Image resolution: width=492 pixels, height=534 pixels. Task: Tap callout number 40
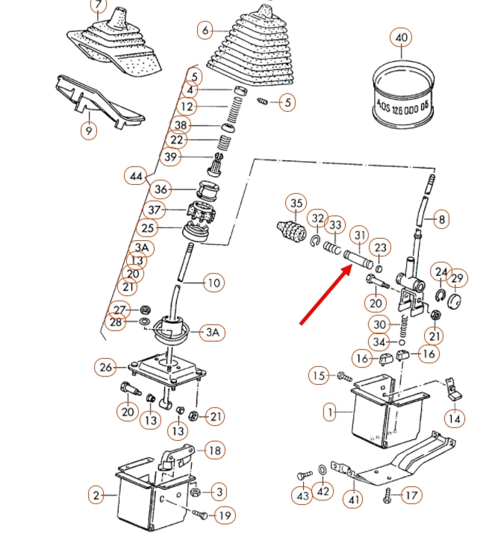coord(401,38)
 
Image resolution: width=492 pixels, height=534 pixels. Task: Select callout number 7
coord(99,6)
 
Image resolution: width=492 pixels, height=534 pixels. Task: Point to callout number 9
coord(89,131)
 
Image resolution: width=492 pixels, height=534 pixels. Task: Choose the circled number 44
coord(135,177)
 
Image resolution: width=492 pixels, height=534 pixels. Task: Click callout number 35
coord(297,203)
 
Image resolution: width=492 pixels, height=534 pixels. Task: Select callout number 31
coord(360,237)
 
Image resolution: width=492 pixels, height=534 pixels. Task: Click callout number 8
coord(441,220)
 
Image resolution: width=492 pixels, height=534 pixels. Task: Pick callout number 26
coord(105,367)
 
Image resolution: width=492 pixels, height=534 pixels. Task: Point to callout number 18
coord(214,450)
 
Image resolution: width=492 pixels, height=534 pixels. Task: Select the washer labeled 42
coord(322,470)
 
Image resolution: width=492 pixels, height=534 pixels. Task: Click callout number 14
coord(454,418)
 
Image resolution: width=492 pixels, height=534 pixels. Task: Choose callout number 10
coord(214,283)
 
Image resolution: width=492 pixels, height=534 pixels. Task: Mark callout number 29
coord(458,278)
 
